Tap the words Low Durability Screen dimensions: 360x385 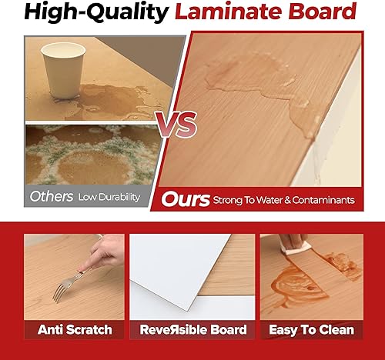click(109, 198)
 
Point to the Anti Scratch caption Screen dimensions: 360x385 click(75, 330)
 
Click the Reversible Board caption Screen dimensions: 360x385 click(192, 330)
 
